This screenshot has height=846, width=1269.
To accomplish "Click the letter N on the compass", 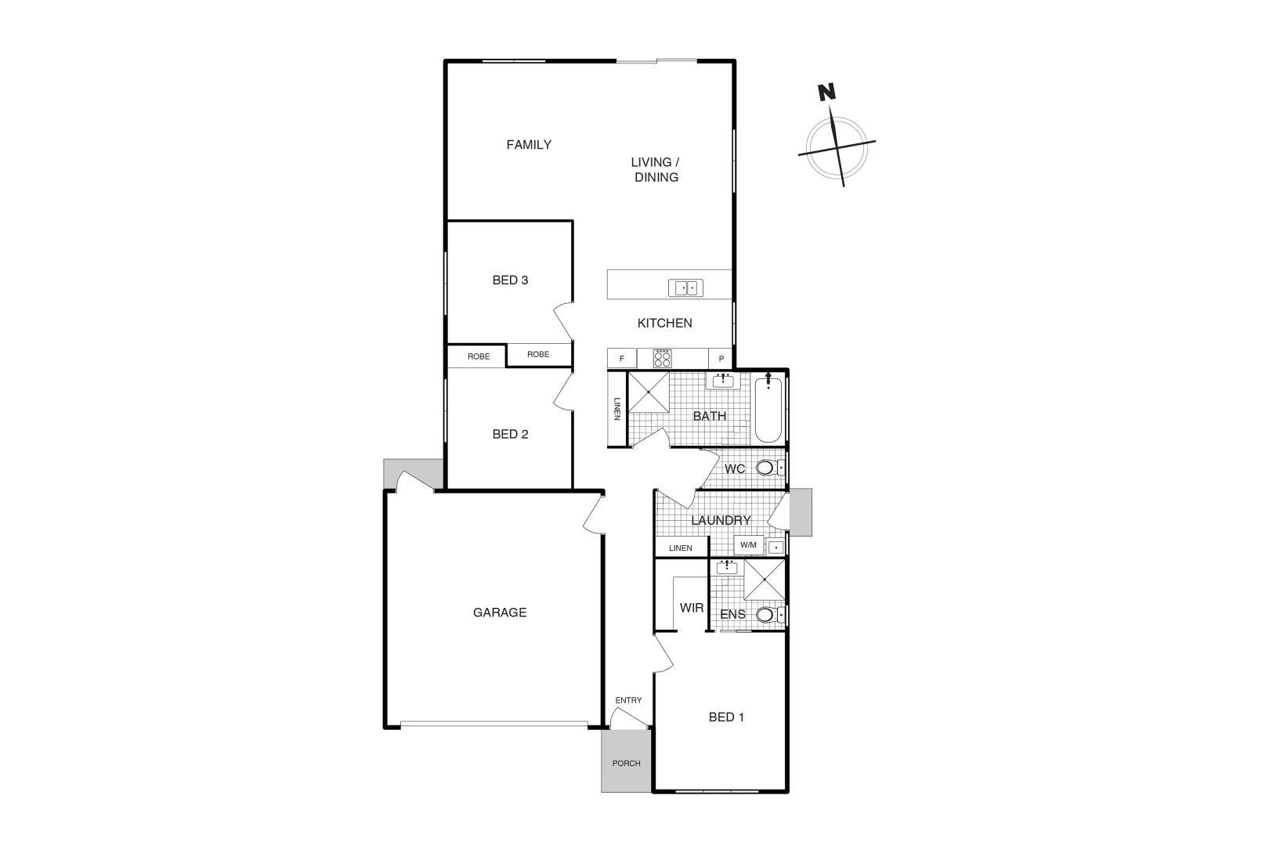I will pos(826,92).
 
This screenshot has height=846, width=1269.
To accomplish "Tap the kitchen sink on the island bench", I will pos(685,288).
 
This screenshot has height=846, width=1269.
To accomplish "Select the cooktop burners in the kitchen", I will pos(663,358).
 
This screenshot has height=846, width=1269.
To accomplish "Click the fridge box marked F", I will pos(622,359).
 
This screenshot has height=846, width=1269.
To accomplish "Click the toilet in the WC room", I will pos(767,468).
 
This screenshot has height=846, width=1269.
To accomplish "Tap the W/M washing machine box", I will pos(748,545).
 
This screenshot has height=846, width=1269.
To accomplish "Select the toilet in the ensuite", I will pos(767,615).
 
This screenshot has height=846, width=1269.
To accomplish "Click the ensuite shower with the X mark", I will pos(764,579).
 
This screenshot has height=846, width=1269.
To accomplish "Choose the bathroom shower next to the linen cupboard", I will pos(649,391).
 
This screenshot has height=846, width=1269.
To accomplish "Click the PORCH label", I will pos(626,763).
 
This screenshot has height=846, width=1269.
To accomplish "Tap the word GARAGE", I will pos(500,613).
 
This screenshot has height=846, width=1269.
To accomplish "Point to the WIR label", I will pos(692,608).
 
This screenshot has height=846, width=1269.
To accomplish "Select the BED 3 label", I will pos(510,280).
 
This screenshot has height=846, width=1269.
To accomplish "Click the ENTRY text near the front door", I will pos(628,700).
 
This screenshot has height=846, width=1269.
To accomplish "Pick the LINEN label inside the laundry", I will pos(681,548).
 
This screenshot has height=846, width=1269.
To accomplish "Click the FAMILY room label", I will pos(529,144).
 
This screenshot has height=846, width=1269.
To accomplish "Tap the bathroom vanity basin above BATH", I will pos(722,381).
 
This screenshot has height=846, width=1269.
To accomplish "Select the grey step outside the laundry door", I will pos(801,512).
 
